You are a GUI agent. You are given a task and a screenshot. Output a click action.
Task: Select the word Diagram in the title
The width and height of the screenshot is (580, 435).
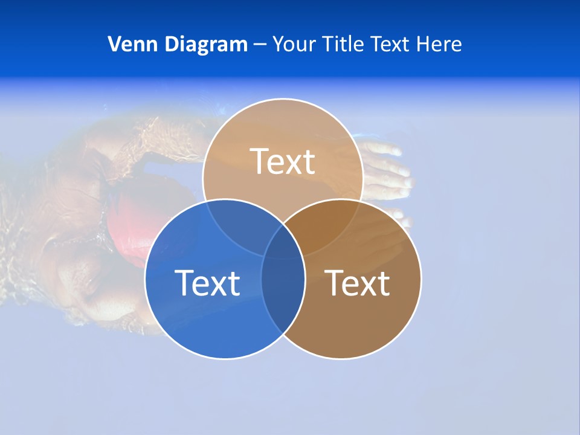click(x=203, y=44)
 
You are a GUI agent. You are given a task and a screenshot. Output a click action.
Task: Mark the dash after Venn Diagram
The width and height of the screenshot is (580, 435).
click(x=260, y=45)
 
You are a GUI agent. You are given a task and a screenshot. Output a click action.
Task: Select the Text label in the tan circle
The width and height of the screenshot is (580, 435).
click(x=282, y=161)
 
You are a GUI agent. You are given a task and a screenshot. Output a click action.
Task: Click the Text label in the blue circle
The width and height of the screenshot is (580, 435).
click(x=207, y=283)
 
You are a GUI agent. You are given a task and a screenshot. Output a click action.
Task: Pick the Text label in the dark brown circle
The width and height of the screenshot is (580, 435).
click(x=357, y=283)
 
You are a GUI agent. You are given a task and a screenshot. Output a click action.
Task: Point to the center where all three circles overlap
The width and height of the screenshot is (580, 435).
click(x=283, y=245)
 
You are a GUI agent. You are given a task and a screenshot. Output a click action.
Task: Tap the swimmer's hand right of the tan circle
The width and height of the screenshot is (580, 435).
click(x=387, y=169)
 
